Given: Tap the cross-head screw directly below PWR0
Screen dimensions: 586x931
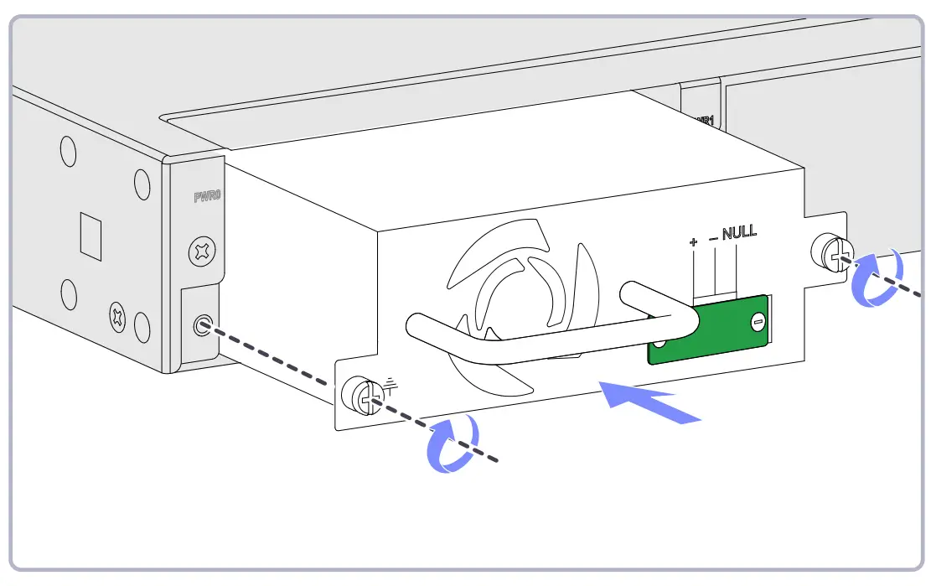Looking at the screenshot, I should click(202, 251).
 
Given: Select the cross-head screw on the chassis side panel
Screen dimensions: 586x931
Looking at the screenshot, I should click(116, 317).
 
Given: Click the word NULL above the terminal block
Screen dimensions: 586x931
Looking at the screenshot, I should click(738, 232).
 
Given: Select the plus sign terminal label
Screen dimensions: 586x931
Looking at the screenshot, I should click(693, 242).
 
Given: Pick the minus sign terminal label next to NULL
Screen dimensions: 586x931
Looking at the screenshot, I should click(713, 239).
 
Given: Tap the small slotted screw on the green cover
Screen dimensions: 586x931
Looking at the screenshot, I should click(758, 320).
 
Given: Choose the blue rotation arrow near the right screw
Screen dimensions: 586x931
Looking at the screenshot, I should click(877, 279).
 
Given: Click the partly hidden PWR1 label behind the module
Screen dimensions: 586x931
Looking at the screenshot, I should click(705, 120).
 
